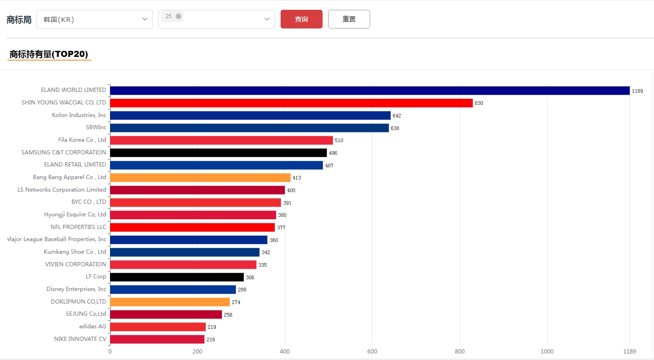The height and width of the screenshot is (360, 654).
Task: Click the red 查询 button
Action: (x=301, y=19)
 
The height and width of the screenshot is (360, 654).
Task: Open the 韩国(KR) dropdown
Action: (x=94, y=19)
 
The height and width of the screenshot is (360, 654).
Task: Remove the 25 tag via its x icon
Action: (x=179, y=16)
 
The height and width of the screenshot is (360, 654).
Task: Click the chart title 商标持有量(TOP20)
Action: (x=49, y=54)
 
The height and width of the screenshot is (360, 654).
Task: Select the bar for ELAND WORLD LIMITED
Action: (x=370, y=90)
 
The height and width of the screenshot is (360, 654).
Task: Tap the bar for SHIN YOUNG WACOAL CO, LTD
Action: (x=291, y=103)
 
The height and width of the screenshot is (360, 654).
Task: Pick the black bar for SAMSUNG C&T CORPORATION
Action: (x=218, y=152)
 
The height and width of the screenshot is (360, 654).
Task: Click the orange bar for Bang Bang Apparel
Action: (x=200, y=178)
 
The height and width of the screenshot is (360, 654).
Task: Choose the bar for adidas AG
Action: (x=158, y=327)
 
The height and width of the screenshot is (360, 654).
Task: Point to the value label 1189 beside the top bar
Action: (x=637, y=91)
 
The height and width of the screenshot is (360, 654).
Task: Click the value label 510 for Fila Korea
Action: (x=339, y=140)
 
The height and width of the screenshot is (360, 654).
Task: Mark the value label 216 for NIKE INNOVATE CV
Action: (x=211, y=339)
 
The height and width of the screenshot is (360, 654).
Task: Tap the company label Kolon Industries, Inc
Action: (x=79, y=115)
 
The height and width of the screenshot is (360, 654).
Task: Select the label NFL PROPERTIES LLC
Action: (x=78, y=227)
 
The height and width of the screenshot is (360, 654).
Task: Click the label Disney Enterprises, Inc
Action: (x=76, y=289)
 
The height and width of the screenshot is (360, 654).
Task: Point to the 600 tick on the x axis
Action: (x=372, y=352)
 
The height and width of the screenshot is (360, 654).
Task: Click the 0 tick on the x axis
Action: (x=110, y=352)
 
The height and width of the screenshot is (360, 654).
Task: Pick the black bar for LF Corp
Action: (x=177, y=277)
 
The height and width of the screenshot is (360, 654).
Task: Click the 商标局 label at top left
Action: (x=19, y=20)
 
